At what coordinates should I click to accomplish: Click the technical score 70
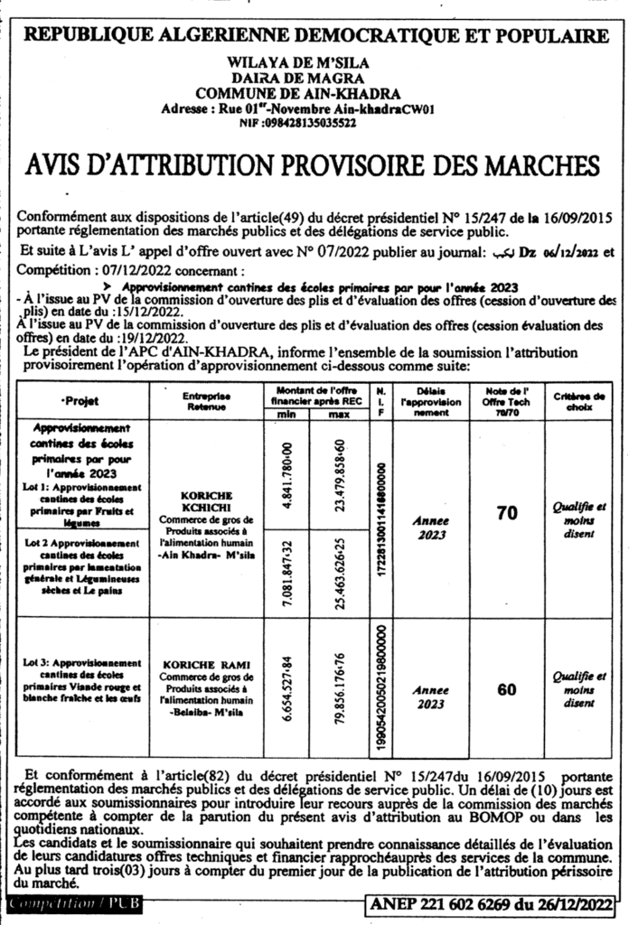pos(507,513)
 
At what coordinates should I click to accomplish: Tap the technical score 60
pos(507,690)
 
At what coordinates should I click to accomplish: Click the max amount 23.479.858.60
pos(340,474)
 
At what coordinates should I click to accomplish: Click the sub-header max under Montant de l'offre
pos(339,414)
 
